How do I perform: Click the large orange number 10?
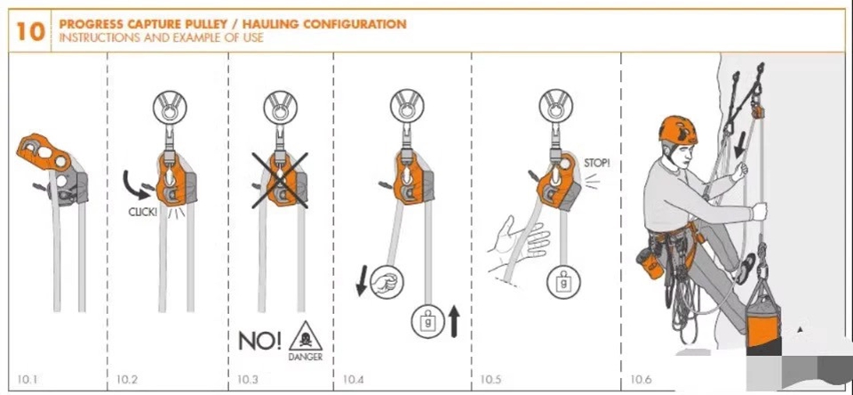click(x=30, y=32)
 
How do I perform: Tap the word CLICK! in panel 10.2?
click(x=143, y=212)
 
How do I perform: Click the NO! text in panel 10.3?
click(x=260, y=340)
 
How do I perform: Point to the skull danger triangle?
click(x=306, y=336)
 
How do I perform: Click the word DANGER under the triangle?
click(x=306, y=357)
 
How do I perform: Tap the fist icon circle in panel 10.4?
click(x=387, y=283)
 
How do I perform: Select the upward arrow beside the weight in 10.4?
click(x=453, y=321)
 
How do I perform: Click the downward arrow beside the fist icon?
click(x=362, y=280)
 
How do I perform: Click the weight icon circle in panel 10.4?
click(x=428, y=321)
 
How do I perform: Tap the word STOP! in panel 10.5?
click(x=597, y=163)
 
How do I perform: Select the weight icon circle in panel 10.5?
click(x=563, y=282)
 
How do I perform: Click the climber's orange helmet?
click(x=678, y=129)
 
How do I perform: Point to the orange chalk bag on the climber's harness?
click(x=651, y=262)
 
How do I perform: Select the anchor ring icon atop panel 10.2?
click(x=170, y=106)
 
